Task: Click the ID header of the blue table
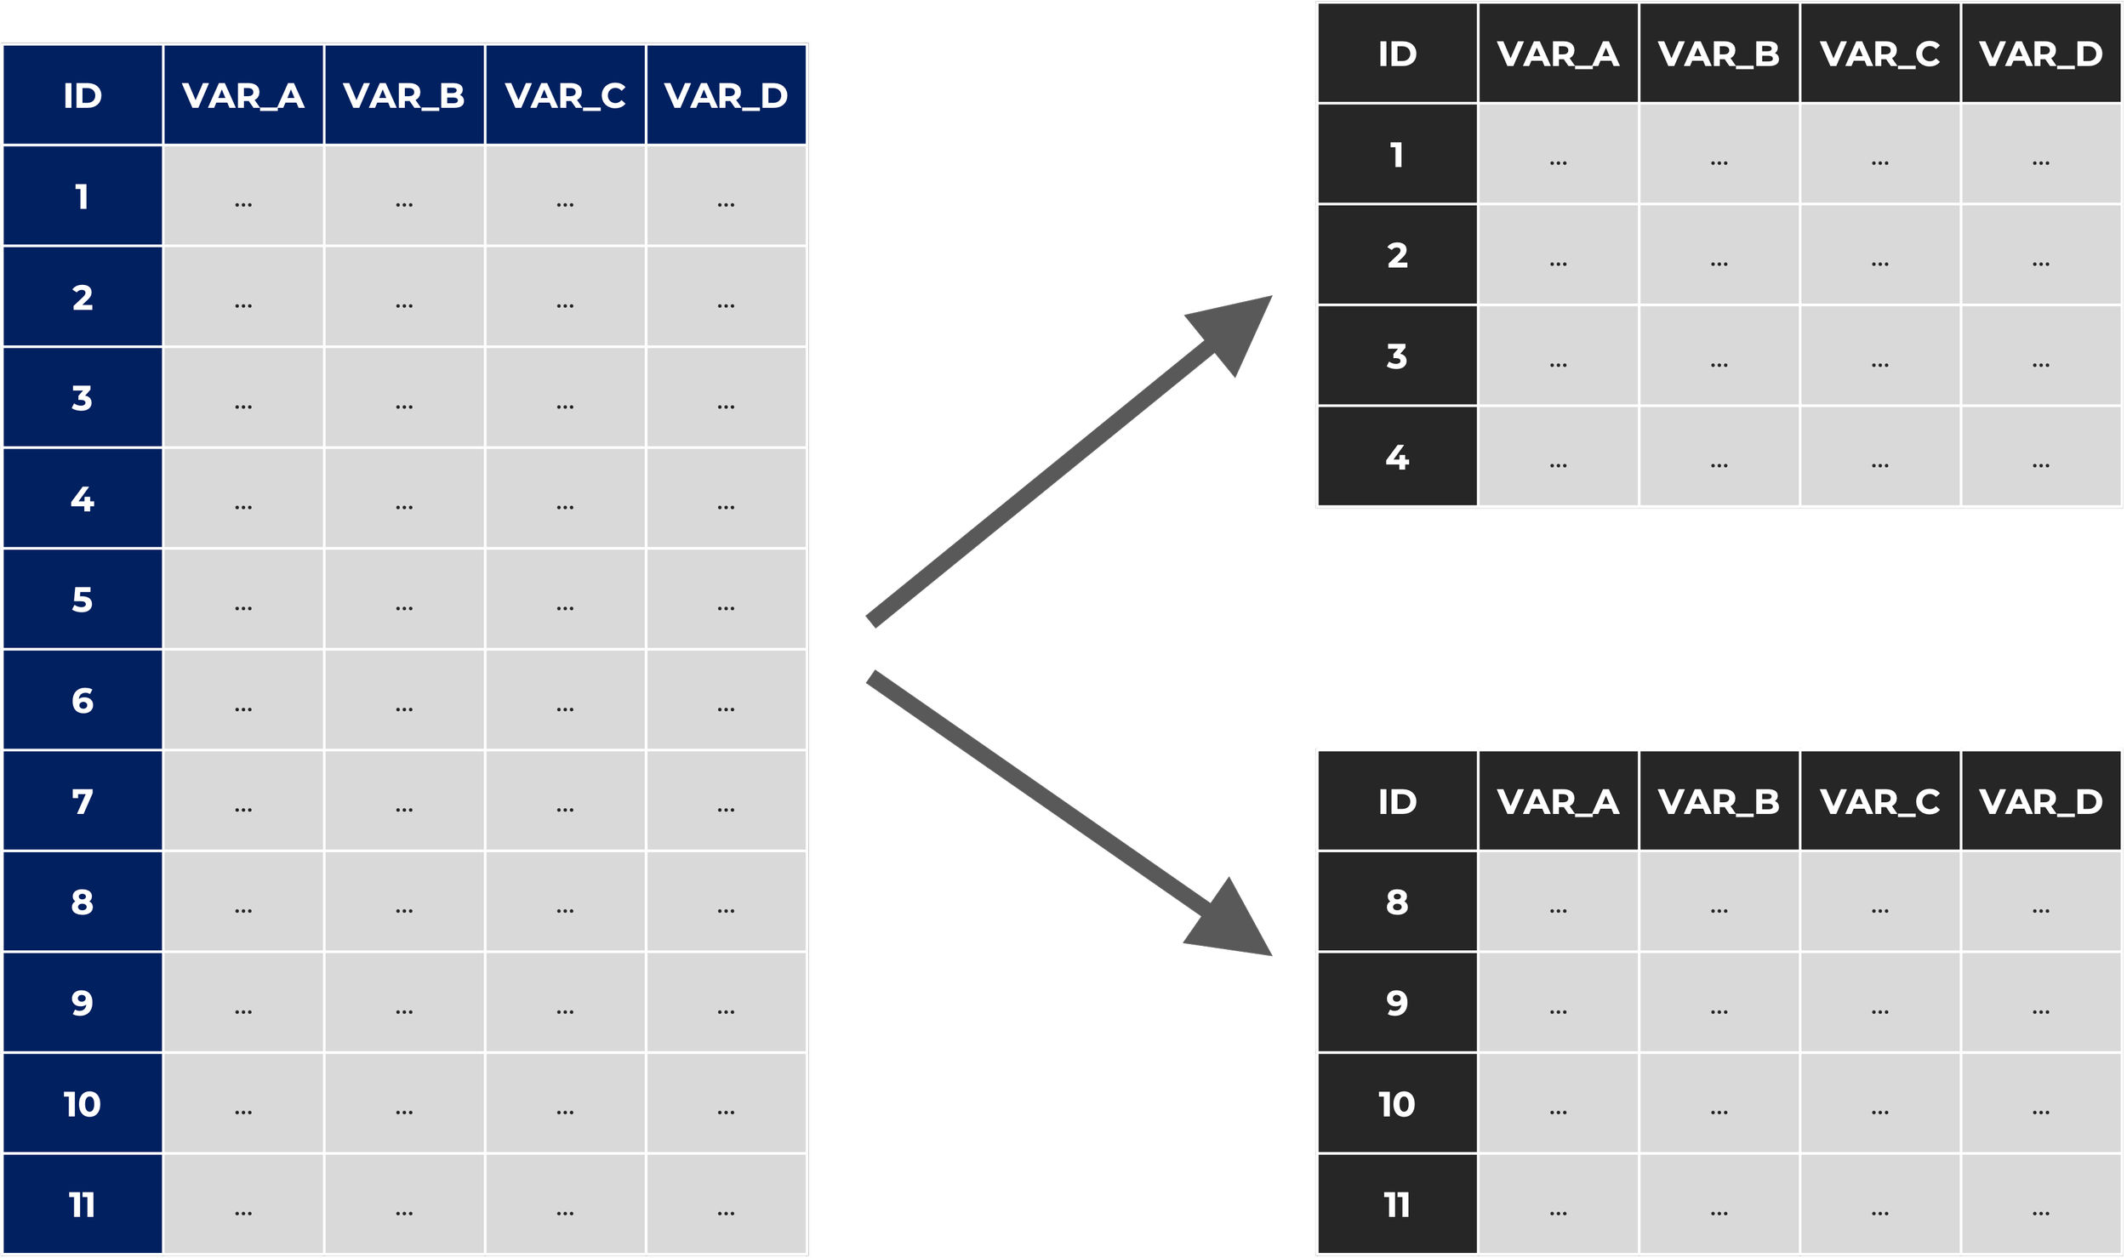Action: [83, 95]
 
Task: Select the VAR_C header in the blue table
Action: [565, 95]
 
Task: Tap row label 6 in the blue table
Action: [83, 700]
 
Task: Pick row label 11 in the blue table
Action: [83, 1204]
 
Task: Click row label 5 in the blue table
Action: [83, 600]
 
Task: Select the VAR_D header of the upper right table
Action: [2040, 54]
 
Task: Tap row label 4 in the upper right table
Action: [1397, 457]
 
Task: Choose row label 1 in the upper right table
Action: [1397, 154]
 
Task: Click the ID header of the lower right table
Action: [1397, 801]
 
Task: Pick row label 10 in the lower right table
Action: [1397, 1104]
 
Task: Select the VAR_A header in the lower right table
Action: [1558, 801]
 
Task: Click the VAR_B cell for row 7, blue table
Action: [404, 801]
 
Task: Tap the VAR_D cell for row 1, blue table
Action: [726, 196]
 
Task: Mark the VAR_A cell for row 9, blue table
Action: [243, 1003]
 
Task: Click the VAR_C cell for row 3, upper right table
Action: [1879, 356]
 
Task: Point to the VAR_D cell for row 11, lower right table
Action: [2040, 1204]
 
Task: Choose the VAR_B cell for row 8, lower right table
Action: [1719, 902]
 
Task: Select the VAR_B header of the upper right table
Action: [1719, 54]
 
